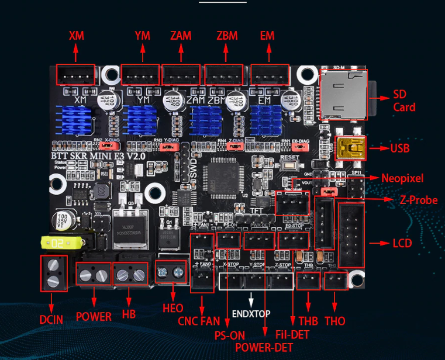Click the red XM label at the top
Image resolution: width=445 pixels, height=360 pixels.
click(x=77, y=36)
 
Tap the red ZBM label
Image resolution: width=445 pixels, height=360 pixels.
click(x=227, y=36)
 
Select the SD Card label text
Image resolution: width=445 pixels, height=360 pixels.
click(x=404, y=101)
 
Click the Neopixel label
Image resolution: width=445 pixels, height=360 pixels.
click(x=402, y=178)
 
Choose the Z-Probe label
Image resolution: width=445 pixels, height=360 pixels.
click(x=419, y=200)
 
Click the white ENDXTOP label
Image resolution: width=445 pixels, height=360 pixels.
click(x=251, y=314)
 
